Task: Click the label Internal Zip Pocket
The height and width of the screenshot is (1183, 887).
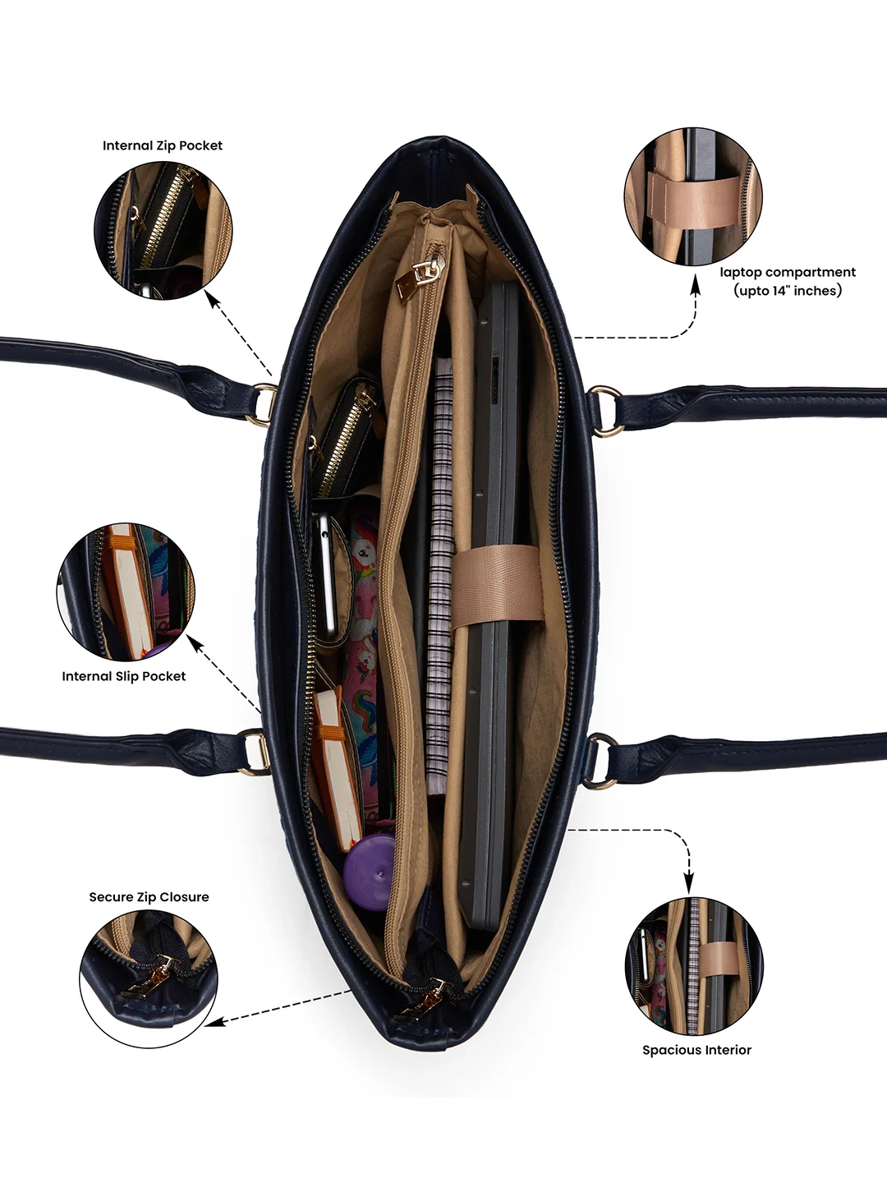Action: (x=162, y=145)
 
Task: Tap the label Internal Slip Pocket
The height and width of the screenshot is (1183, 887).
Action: (x=123, y=676)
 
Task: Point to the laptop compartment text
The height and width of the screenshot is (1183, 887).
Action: (x=788, y=281)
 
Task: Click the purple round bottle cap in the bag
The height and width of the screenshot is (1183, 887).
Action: (x=369, y=872)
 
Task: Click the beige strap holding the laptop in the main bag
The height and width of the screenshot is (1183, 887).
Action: (x=497, y=588)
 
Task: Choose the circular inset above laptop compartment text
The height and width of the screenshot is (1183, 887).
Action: (x=692, y=196)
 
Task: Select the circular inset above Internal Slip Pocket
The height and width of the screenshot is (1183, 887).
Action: (x=126, y=591)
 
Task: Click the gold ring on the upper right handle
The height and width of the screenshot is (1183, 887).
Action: (x=605, y=411)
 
